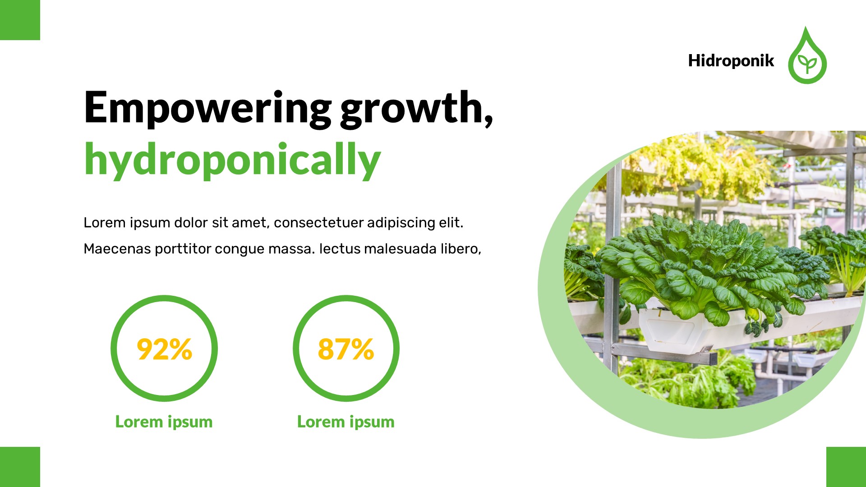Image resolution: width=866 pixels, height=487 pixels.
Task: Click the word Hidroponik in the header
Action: tap(731, 61)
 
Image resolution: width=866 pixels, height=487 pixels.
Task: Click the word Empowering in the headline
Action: tap(207, 108)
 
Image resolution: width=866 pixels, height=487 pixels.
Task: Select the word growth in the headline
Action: tap(411, 108)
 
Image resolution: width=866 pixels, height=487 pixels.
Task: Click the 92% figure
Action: tap(164, 349)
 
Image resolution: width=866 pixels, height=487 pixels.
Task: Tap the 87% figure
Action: tap(346, 349)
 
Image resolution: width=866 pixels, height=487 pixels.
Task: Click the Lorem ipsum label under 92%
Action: tap(164, 422)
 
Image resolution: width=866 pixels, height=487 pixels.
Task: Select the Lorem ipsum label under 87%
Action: tap(345, 422)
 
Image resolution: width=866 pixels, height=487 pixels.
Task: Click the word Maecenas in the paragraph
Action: tap(117, 249)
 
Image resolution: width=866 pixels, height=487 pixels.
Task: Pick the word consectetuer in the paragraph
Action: tap(318, 223)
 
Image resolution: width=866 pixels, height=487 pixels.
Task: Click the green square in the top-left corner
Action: tap(20, 20)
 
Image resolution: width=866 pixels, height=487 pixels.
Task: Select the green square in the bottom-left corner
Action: tap(20, 467)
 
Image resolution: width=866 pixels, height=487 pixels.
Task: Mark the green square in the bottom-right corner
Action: tap(846, 467)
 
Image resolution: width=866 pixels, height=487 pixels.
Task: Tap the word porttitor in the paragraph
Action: tap(183, 249)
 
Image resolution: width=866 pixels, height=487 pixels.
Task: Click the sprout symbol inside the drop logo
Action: tap(807, 64)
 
